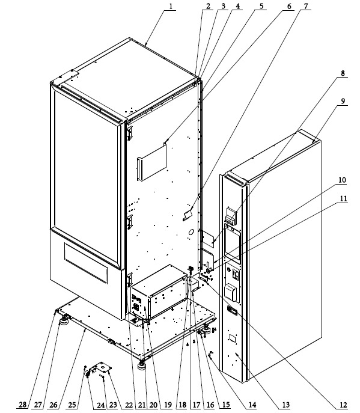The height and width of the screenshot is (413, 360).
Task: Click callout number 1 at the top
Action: (171, 7)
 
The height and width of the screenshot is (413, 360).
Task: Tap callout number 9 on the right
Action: (343, 101)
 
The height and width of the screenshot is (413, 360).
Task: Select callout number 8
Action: (343, 73)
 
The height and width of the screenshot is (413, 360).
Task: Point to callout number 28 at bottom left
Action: (23, 405)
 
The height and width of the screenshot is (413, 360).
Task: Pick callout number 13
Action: (286, 405)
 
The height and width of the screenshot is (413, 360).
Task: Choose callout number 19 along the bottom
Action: (168, 405)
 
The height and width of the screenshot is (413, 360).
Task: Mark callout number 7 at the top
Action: (305, 6)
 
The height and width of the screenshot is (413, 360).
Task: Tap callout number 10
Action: (342, 180)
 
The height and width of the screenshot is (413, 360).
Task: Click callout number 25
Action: (72, 405)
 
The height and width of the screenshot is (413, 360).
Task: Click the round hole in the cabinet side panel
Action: (192, 232)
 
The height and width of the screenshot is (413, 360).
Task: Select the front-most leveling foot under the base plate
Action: (142, 366)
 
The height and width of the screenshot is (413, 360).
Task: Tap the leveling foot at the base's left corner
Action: (64, 322)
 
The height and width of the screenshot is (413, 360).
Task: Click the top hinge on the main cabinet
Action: (129, 133)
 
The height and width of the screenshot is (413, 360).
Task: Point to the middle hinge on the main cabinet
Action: (129, 222)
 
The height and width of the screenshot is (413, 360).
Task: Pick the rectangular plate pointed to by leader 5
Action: (152, 162)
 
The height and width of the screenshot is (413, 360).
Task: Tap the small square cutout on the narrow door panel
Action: (232, 338)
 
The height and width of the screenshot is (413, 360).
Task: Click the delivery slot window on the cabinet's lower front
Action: (86, 263)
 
